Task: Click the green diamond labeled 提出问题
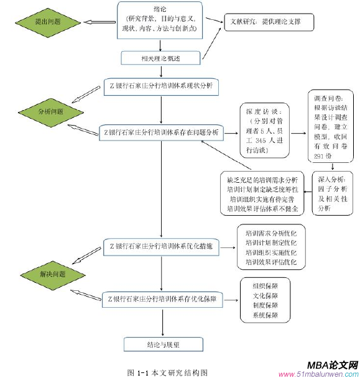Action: pos(47,22)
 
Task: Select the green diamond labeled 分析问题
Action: pos(51,111)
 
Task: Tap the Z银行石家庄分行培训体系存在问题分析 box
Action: pos(160,132)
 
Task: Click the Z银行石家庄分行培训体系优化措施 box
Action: pos(160,246)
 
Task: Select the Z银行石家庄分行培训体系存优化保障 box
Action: pos(160,299)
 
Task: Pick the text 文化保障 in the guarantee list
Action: pos(265,296)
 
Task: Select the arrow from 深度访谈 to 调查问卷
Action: pos(299,132)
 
